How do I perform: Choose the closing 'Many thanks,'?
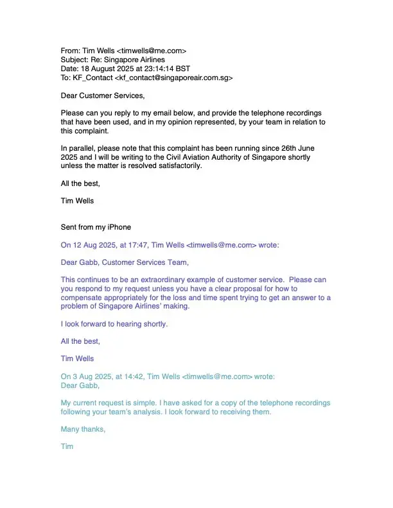point(83,429)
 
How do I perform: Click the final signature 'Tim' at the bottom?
point(67,446)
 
